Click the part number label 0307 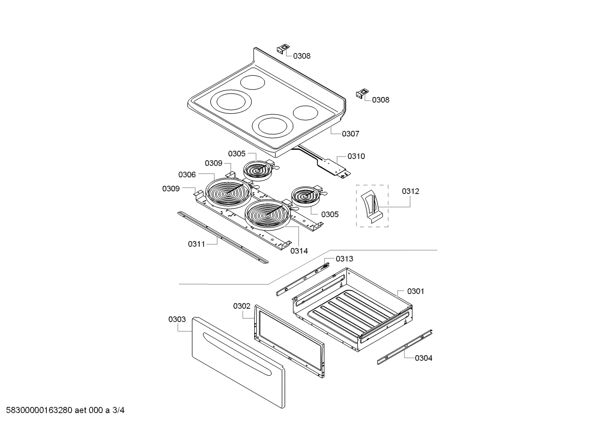(350, 134)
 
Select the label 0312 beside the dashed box (410, 191)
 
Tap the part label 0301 (415, 291)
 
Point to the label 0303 (177, 319)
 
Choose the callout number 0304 (424, 358)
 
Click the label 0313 (344, 259)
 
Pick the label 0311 (196, 244)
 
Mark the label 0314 (299, 251)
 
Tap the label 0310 (356, 156)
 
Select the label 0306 (187, 175)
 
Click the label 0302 (241, 306)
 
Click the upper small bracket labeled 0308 (283, 48)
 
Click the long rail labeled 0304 (405, 347)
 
